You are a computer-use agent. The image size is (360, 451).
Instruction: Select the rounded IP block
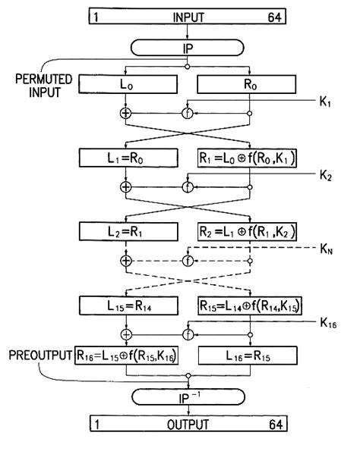coord(188,46)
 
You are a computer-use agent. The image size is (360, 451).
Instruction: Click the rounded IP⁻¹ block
coord(188,396)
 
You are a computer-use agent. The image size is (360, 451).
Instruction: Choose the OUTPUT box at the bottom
coord(188,425)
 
